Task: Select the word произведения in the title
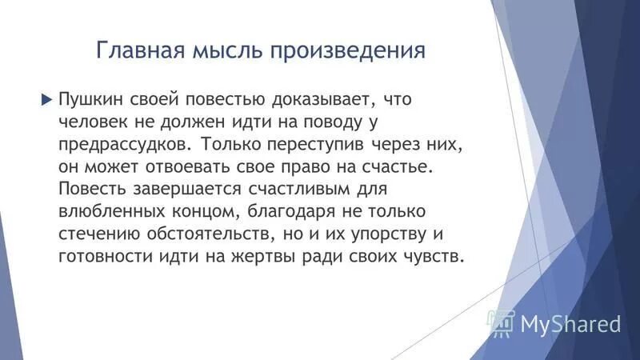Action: [348, 52]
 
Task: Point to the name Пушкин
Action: [90, 100]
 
